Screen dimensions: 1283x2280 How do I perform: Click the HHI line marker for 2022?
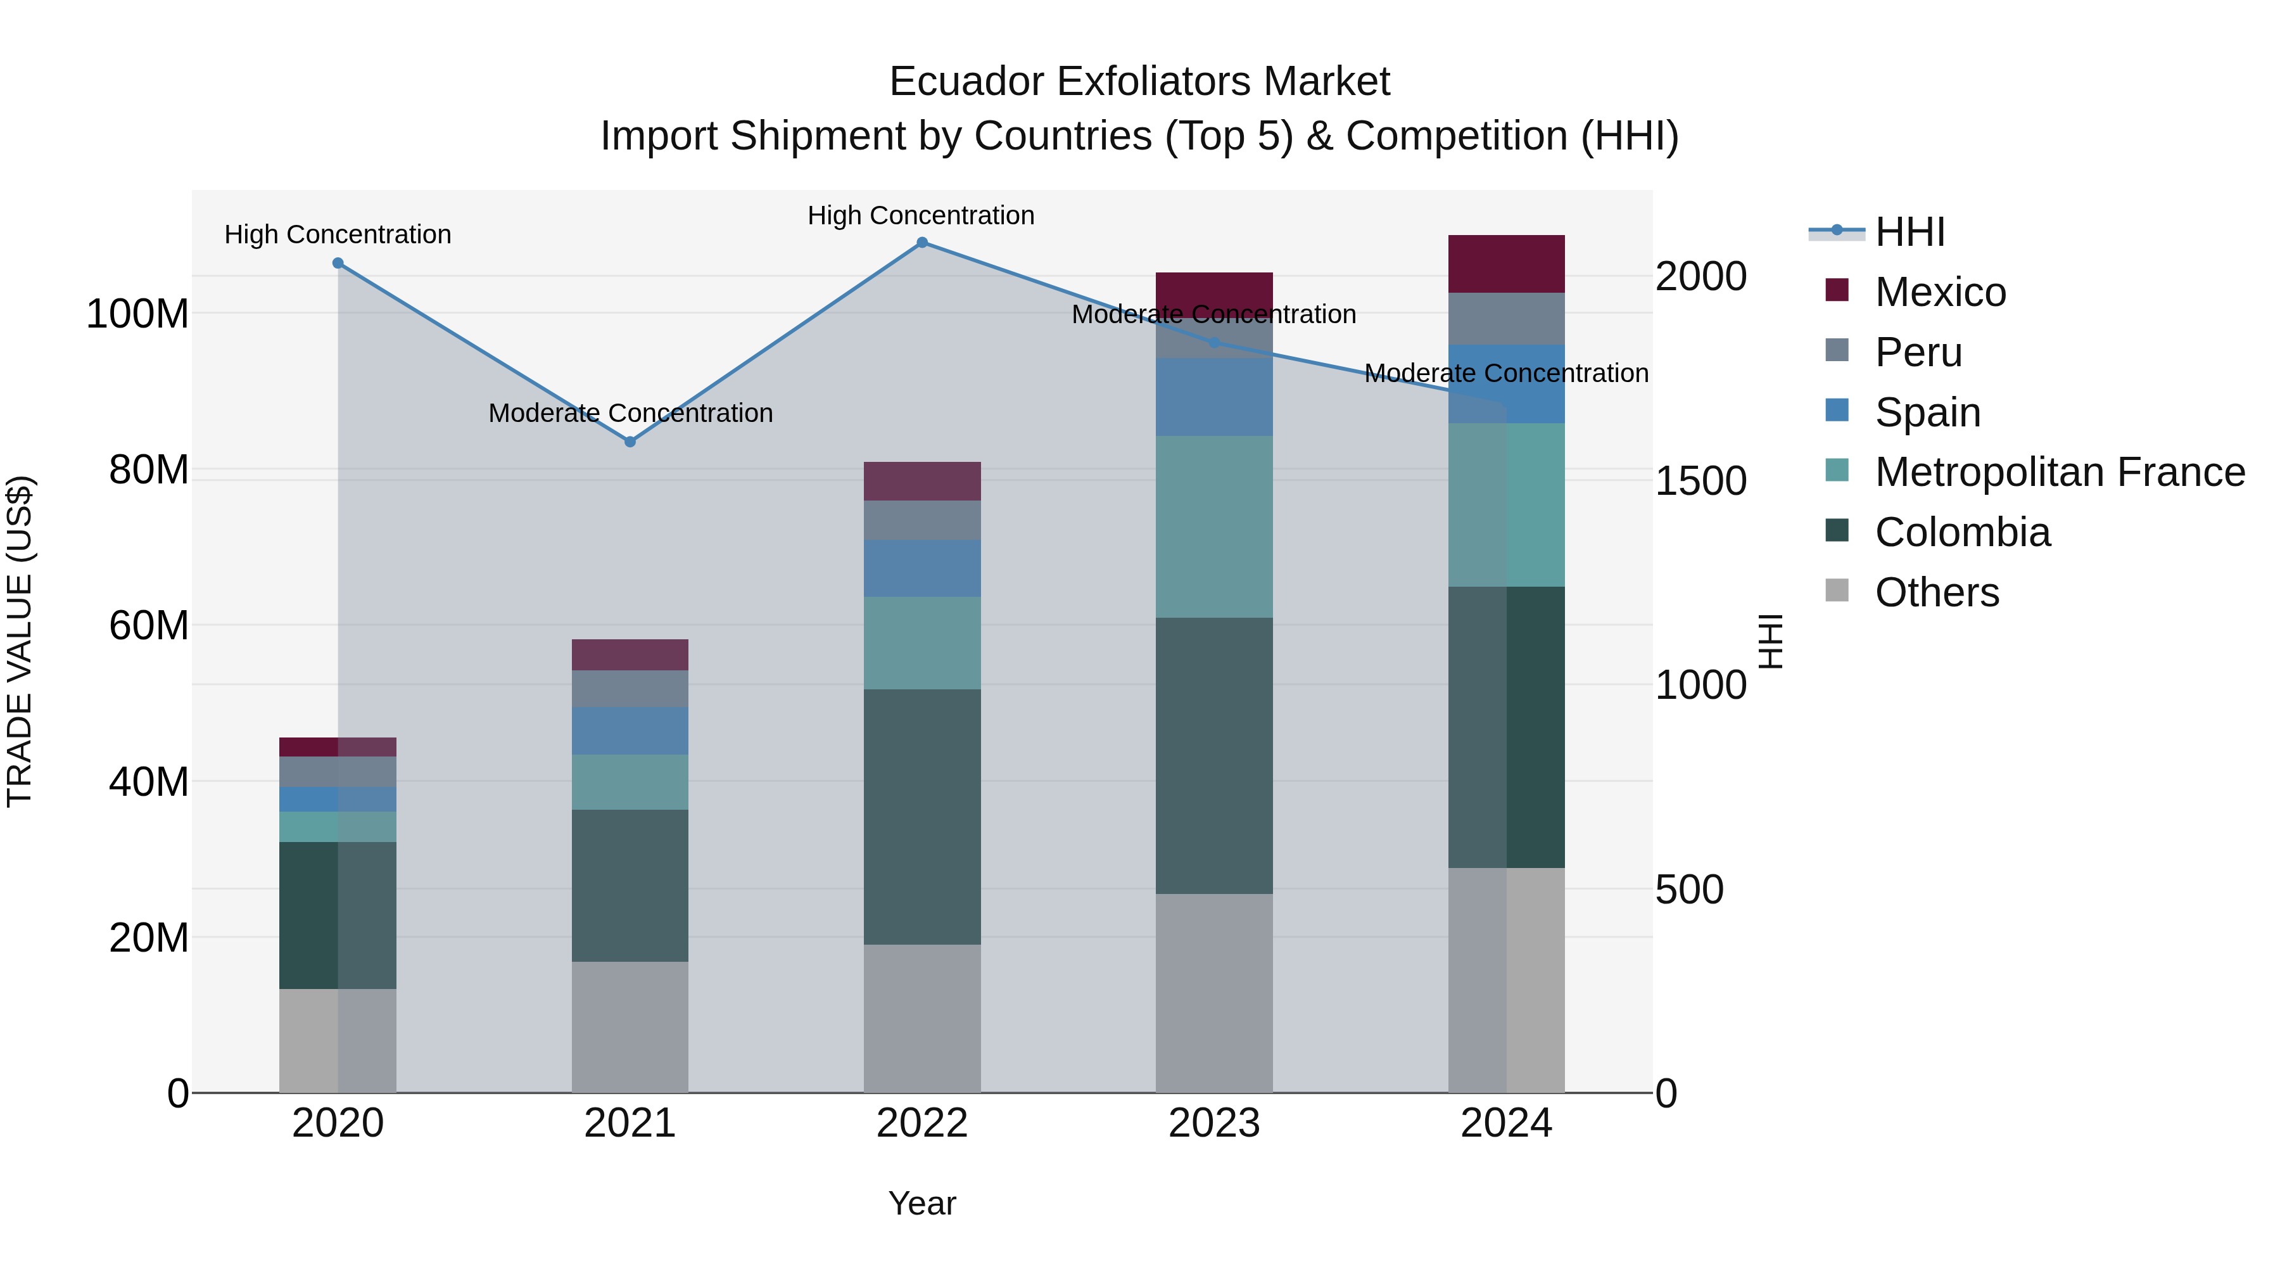pyautogui.click(x=921, y=243)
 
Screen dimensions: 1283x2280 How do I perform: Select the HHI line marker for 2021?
pyautogui.click(x=630, y=442)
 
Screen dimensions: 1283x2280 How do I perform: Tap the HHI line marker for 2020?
pyautogui.click(x=338, y=263)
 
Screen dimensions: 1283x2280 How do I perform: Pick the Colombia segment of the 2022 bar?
pyautogui.click(x=921, y=817)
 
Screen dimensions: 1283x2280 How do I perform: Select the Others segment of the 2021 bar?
pyautogui.click(x=630, y=1027)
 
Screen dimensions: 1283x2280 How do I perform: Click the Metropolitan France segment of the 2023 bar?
pyautogui.click(x=1213, y=527)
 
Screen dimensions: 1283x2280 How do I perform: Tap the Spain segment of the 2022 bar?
pyautogui.click(x=921, y=568)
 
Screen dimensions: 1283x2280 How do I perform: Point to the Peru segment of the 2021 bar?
pyautogui.click(x=630, y=688)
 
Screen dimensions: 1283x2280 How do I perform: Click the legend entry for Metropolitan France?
pyautogui.click(x=2060, y=472)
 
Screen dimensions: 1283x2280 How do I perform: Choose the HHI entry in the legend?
pyautogui.click(x=1909, y=232)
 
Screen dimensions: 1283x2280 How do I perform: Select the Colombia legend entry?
pyautogui.click(x=1961, y=532)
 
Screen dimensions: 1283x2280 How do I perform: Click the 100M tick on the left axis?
pyautogui.click(x=137, y=314)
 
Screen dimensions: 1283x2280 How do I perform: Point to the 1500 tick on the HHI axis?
pyautogui.click(x=1700, y=481)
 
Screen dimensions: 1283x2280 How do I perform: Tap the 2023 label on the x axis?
pyautogui.click(x=1213, y=1123)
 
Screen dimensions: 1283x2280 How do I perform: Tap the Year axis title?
pyautogui.click(x=921, y=1203)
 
